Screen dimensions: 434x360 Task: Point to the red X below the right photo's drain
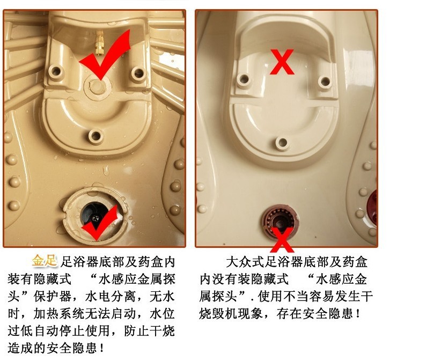click(282, 240)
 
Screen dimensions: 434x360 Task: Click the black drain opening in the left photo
click(94, 215)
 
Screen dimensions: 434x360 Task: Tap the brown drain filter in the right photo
click(280, 218)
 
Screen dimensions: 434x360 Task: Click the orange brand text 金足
click(45, 261)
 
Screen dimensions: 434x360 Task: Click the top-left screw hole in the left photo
click(56, 72)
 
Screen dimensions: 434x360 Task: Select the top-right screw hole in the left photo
click(138, 73)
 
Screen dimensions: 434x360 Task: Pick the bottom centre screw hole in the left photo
click(96, 136)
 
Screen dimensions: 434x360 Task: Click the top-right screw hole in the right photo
click(325, 82)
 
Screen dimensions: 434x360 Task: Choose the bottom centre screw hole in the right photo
click(282, 143)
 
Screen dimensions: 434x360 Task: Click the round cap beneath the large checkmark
click(97, 86)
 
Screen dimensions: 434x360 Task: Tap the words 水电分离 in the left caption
click(111, 296)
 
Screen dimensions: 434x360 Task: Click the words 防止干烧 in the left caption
click(149, 331)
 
